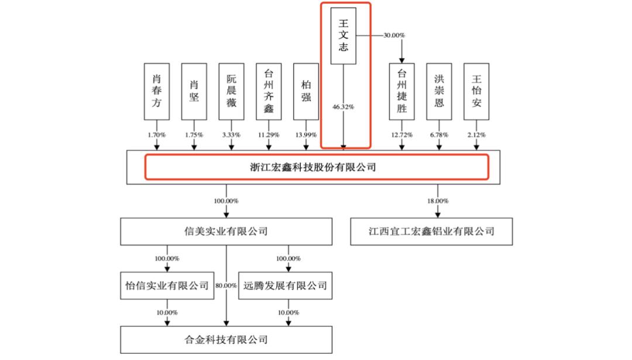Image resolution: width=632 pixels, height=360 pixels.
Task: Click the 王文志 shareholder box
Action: coord(344,36)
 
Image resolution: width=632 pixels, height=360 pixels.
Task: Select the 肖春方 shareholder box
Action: coord(157,91)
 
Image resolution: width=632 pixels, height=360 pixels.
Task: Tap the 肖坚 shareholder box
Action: coord(194,91)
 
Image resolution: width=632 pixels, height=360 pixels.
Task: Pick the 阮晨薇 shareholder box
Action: coord(231,91)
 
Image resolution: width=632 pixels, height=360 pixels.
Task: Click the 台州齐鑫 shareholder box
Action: coord(269,91)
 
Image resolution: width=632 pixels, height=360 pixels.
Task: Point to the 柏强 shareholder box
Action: coord(305,91)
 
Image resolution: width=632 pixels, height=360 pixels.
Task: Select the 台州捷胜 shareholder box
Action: coord(401,91)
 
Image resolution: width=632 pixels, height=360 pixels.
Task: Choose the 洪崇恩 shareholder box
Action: coord(439,91)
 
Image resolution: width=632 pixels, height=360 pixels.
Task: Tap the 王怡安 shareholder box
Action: coord(476,91)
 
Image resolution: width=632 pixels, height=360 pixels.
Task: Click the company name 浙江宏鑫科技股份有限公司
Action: coord(317,167)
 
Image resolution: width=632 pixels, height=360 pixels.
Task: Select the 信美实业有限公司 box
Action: coord(226,231)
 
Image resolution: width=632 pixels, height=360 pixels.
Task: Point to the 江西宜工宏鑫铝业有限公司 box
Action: coord(432,231)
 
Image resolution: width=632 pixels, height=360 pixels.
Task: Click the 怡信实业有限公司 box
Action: coord(167,286)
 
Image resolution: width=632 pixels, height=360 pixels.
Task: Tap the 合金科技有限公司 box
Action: coord(226,339)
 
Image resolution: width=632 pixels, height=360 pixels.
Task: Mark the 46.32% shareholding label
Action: coord(344,107)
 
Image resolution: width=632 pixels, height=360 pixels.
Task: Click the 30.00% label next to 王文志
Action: coord(394,35)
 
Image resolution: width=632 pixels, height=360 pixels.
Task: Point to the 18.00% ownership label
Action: coord(438,201)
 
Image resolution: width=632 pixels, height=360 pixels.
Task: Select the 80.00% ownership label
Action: coord(226,286)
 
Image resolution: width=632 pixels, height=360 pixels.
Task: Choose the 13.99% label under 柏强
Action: coord(305,135)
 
